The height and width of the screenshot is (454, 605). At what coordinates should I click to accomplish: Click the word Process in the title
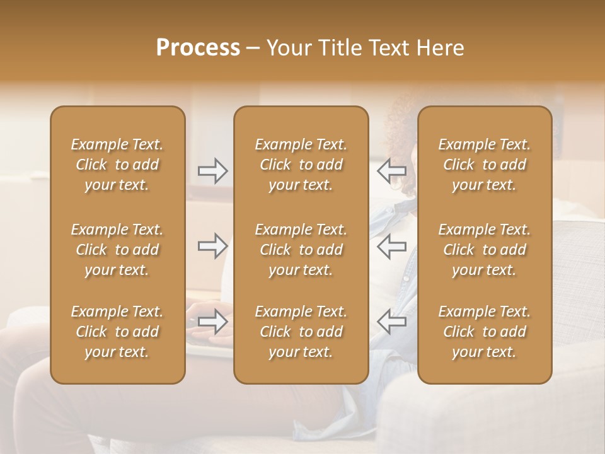coord(198,48)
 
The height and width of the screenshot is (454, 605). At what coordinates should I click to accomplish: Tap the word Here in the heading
coord(440,48)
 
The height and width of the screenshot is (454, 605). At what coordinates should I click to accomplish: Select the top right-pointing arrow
coord(212,171)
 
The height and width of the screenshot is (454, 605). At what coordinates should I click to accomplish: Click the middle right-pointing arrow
coord(212,246)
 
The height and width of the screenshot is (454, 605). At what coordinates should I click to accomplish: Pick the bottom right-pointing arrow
coord(212,322)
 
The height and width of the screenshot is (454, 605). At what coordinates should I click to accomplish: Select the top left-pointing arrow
coord(391,171)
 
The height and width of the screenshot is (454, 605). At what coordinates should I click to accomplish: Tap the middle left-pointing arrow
coord(391,246)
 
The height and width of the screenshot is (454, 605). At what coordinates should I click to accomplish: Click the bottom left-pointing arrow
coord(391,322)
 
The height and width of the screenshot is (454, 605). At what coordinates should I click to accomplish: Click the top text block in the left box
coord(117,165)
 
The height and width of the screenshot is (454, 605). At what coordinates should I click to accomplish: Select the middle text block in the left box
coord(117,250)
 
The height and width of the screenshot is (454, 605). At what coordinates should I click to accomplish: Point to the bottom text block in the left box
coord(117,332)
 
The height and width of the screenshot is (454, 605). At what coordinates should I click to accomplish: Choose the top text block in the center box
coord(301,165)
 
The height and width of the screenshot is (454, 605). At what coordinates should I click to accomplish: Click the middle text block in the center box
coord(301,250)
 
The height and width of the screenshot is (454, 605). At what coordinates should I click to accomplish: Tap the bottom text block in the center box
coord(301,332)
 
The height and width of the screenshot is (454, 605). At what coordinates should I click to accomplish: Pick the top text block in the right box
coord(484,165)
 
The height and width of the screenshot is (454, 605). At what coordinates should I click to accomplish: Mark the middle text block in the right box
coord(484,250)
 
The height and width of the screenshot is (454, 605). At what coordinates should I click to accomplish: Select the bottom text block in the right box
coord(484,332)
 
